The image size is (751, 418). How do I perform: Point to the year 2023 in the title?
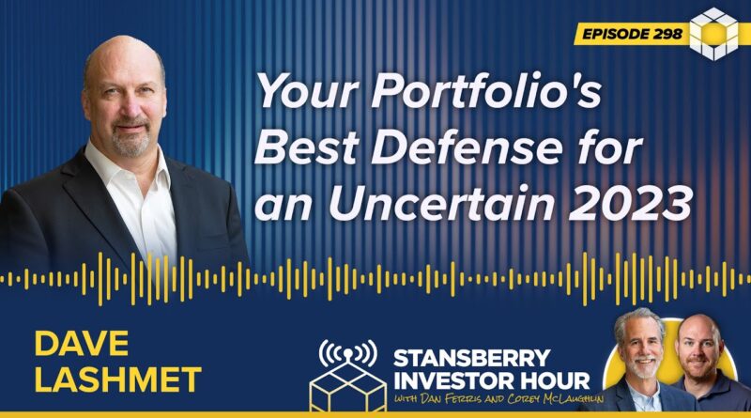[x=630, y=202]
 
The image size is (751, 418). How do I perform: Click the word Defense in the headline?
[x=466, y=148]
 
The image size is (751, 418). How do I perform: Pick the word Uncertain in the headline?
[x=441, y=202]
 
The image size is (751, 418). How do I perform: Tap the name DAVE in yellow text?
[x=82, y=343]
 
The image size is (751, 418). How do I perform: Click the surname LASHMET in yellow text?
[x=118, y=379]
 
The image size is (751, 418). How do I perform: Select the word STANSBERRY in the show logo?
[x=472, y=358]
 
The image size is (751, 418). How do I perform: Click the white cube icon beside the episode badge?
[x=714, y=34]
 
